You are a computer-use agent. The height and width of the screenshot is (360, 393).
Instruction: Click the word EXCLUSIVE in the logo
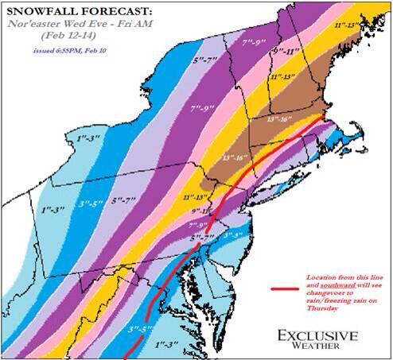click(316, 336)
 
